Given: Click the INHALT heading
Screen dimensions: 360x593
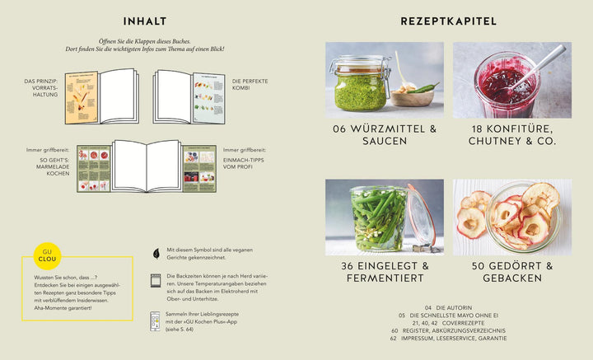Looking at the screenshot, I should (x=144, y=21).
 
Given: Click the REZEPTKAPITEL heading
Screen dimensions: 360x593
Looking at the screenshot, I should (x=448, y=21).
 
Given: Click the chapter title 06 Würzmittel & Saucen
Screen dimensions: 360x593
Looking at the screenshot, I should (x=385, y=135).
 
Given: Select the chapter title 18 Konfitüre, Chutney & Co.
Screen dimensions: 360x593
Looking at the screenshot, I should (x=511, y=135).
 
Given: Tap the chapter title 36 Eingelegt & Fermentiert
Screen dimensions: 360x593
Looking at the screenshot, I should (x=385, y=272).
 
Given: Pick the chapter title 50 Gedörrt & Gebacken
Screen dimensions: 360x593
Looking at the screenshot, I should (x=511, y=272).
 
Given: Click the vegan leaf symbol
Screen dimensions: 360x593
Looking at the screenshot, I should (x=156, y=252).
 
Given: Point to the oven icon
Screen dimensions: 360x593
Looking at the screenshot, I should (x=156, y=280).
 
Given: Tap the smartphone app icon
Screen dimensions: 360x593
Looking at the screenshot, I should (x=156, y=320).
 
